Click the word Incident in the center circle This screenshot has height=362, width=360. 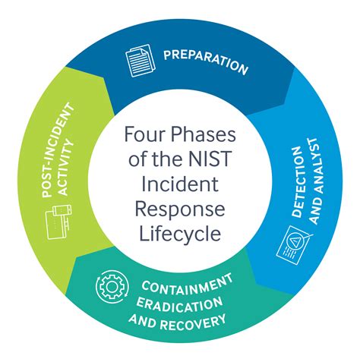pyautogui.click(x=179, y=184)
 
